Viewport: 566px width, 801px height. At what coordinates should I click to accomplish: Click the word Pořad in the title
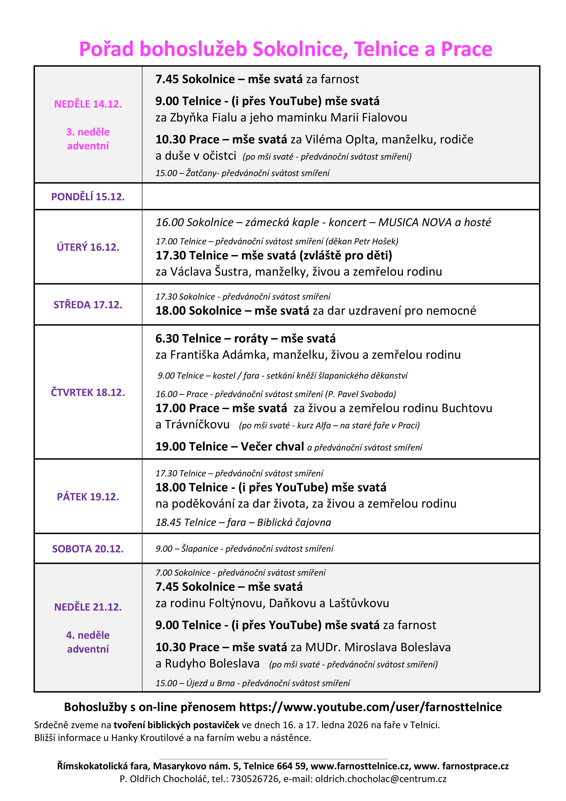106,49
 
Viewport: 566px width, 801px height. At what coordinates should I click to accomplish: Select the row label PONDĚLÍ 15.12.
88,197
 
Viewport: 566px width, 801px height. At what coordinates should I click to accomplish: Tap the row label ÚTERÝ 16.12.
88,247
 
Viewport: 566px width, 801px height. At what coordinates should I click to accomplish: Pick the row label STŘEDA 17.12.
88,305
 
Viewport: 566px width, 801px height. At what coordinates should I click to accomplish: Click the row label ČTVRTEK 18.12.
88,393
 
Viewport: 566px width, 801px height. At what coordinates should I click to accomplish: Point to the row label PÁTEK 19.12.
88,497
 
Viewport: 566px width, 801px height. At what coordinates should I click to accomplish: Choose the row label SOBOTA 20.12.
88,549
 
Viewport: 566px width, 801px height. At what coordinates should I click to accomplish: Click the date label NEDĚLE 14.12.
88,104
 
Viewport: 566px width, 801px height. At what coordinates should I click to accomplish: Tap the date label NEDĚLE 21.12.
88,607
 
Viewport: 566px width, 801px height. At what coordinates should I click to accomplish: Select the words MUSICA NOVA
415,222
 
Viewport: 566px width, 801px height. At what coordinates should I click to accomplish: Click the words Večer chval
272,447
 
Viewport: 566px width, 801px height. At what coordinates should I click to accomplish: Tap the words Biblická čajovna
294,522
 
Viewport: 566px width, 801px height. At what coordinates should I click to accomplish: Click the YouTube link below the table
370,707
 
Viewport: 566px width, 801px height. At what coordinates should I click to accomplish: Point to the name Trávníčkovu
197,424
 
